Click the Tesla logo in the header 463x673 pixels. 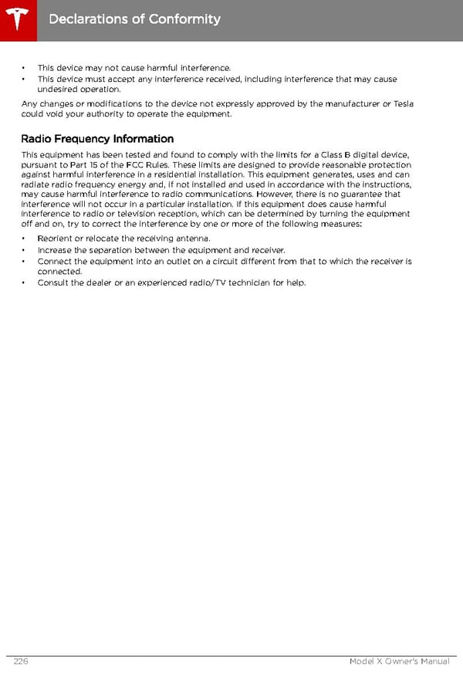pos(17,17)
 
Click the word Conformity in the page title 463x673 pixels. pos(183,19)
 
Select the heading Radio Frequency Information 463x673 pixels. pos(97,139)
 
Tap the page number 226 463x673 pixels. pos(21,661)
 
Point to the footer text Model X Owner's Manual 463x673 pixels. pos(399,661)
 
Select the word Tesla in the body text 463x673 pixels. pos(404,104)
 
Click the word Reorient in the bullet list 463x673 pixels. pos(54,238)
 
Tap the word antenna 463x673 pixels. pos(191,238)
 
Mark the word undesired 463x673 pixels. pos(56,90)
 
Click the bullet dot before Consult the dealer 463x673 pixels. pos(24,282)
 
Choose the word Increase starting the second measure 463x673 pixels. pos(55,250)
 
